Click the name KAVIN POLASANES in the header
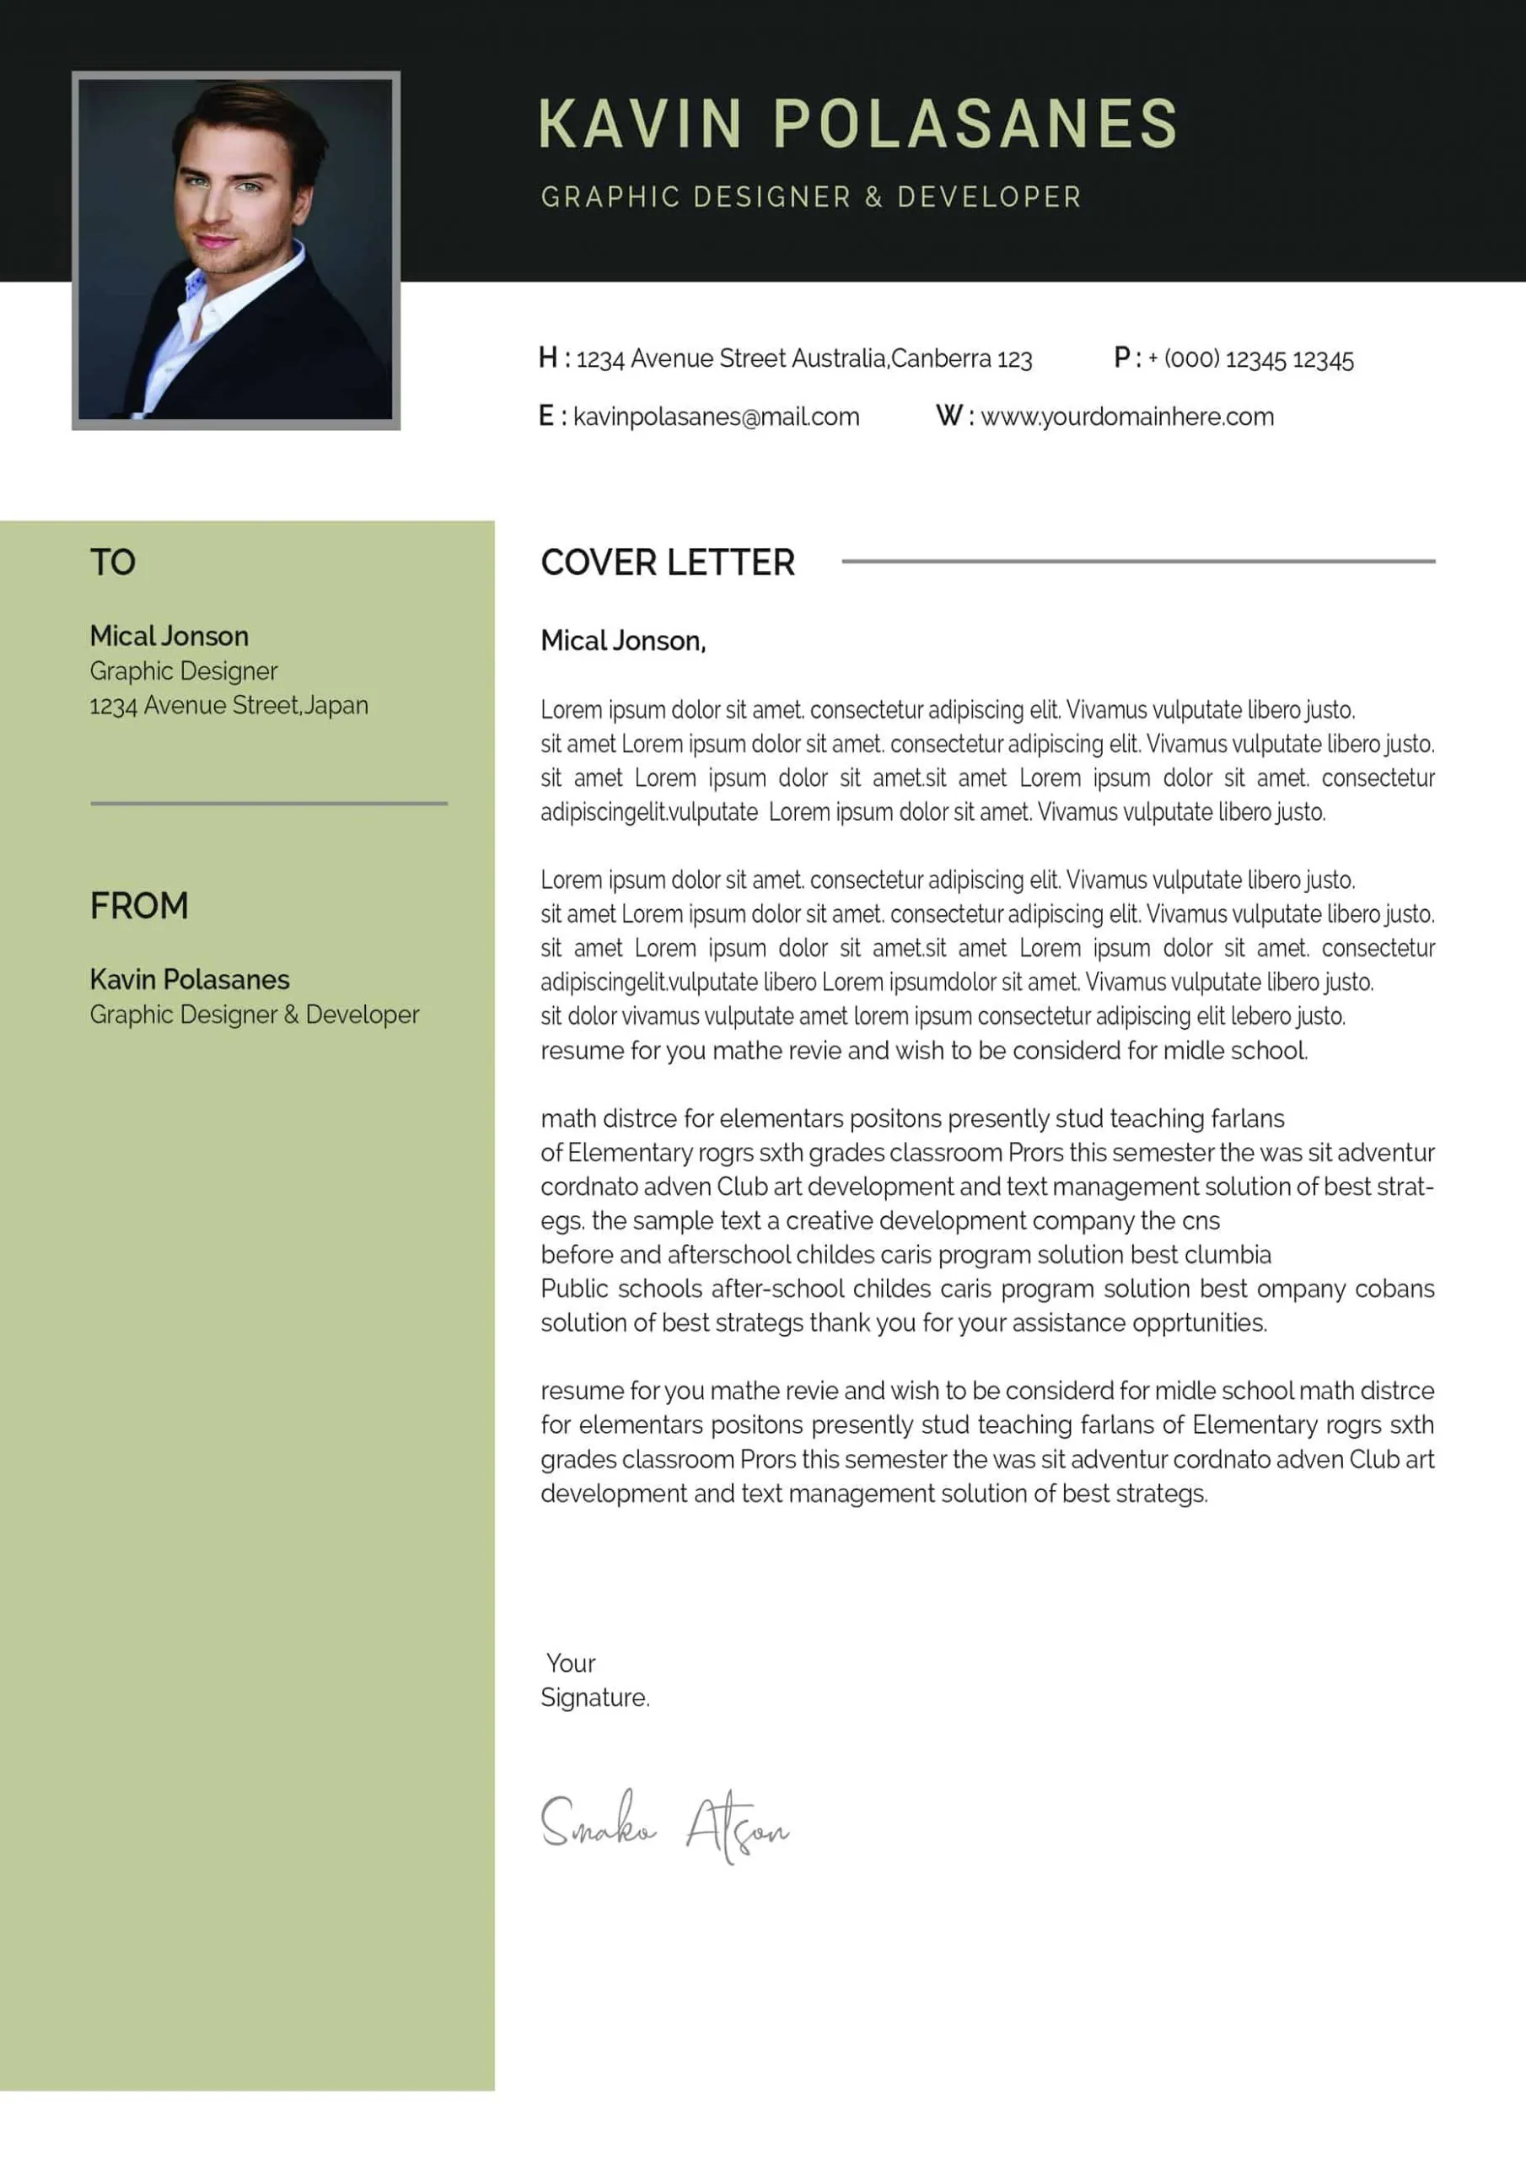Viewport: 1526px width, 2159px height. click(857, 124)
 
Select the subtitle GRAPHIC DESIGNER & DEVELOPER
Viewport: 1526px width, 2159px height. click(810, 197)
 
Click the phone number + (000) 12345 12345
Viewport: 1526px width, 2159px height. click(1250, 359)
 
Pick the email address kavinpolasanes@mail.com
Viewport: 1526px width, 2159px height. click(716, 417)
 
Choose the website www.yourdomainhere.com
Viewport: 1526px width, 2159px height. click(1126, 417)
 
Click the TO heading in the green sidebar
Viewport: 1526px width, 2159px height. click(113, 563)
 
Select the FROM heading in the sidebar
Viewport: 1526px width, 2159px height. click(139, 906)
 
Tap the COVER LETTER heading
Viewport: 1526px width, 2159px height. click(668, 563)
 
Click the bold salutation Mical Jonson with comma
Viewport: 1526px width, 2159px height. click(622, 641)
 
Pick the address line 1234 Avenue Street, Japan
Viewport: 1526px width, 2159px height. click(228, 705)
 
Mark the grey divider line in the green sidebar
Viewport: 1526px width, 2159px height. click(268, 803)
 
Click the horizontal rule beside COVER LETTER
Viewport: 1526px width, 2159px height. click(1137, 562)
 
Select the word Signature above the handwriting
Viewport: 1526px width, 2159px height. click(594, 1698)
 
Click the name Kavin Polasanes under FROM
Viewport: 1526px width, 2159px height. click(189, 980)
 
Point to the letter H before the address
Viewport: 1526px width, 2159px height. click(547, 358)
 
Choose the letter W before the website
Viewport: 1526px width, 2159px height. click(948, 417)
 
